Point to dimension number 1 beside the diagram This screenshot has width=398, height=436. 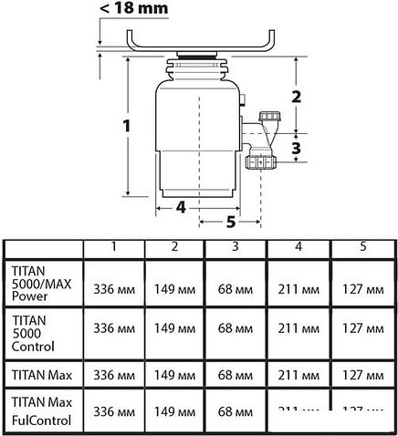(x=128, y=123)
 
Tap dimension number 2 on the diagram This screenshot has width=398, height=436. (x=296, y=95)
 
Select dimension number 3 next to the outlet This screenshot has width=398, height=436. (x=296, y=147)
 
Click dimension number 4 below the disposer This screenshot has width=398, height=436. (x=181, y=206)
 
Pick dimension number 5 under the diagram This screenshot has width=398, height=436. (x=230, y=221)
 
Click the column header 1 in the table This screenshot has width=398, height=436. (x=114, y=247)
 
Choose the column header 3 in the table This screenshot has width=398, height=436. (x=235, y=247)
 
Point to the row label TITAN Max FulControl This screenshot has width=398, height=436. (x=42, y=410)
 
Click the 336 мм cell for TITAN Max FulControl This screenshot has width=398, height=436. (x=114, y=410)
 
